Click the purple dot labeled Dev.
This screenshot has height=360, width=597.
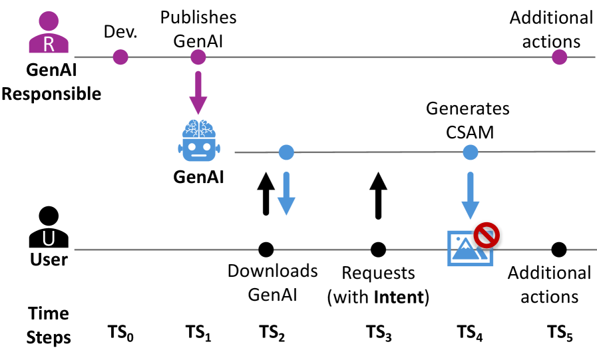pos(120,57)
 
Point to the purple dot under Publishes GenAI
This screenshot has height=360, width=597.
pos(198,57)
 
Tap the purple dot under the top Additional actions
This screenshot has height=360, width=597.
pos(559,57)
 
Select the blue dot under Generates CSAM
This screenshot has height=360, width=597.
pos(470,152)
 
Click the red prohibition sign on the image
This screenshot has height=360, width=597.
pos(487,235)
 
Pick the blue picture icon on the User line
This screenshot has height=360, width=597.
pos(469,249)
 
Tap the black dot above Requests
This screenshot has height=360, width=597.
pos(378,250)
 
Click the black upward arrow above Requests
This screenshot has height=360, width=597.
pos(378,193)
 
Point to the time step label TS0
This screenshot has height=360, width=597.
pos(120,333)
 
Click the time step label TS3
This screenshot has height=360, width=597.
pos(379,333)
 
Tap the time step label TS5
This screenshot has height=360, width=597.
pos(560,333)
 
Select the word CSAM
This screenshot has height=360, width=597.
pos(469,132)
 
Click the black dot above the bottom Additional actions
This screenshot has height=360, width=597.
pos(559,250)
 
